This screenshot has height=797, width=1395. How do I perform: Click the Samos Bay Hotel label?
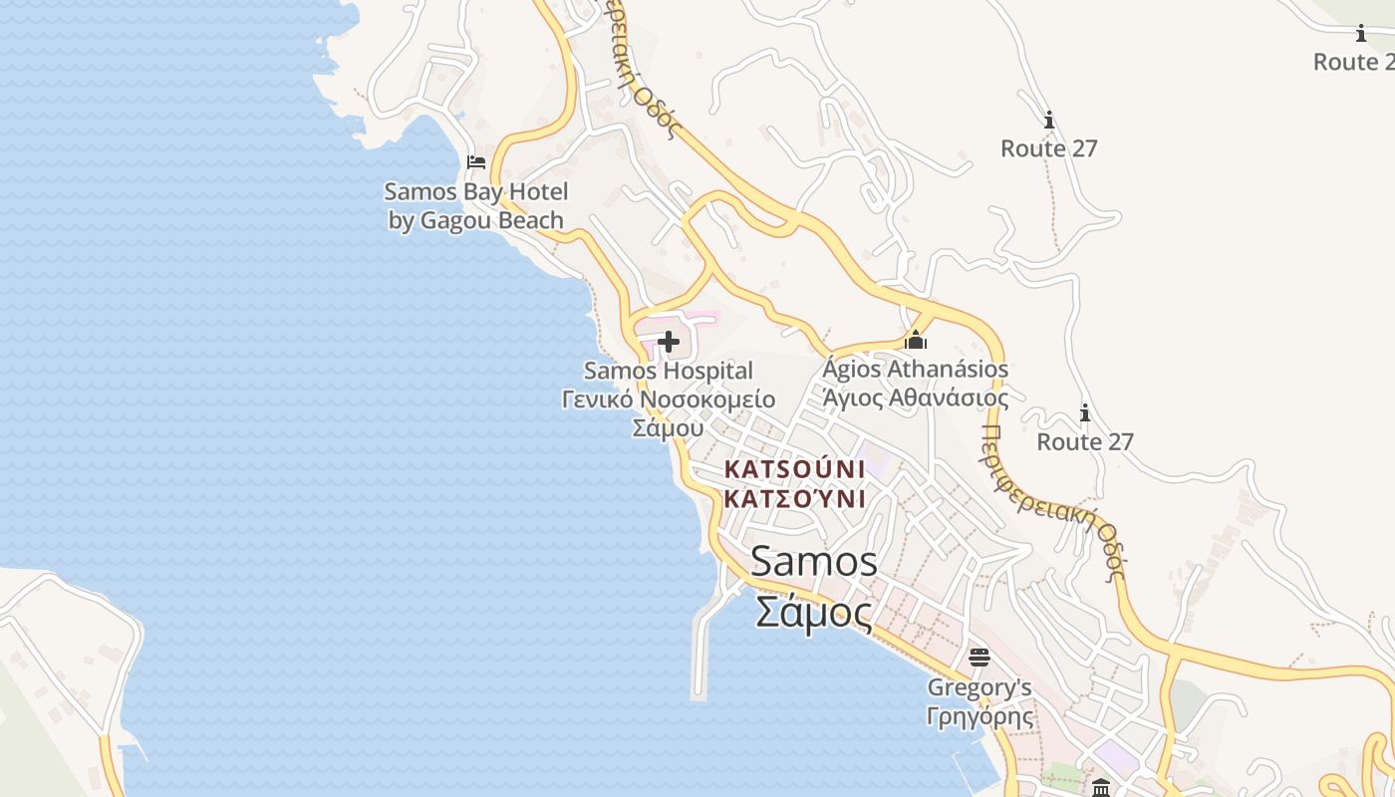coord(475,192)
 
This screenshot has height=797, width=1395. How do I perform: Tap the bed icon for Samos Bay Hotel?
coord(476,162)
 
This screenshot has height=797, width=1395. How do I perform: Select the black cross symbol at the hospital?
coord(669,343)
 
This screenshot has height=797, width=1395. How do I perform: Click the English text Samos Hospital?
coord(669,372)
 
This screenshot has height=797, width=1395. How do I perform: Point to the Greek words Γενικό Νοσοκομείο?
coord(669,399)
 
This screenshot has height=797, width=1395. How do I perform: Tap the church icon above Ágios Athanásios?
coord(916,341)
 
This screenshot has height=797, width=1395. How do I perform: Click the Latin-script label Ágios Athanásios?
coord(916,370)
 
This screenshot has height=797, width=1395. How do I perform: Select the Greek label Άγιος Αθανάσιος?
coord(916,398)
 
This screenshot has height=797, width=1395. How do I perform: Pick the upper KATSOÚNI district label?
coord(794,468)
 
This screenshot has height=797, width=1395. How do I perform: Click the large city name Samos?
coord(814,562)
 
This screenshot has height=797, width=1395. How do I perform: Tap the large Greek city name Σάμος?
coord(814,611)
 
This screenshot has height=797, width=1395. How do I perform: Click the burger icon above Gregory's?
coord(979,658)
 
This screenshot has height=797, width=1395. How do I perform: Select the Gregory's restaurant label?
coord(979,688)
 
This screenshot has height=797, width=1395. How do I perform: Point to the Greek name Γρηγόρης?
coord(979,716)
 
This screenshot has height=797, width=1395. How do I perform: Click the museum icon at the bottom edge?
coord(1101,788)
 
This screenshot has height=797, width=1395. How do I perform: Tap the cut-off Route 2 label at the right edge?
coord(1353,62)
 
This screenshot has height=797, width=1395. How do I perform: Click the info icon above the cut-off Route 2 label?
coord(1361,34)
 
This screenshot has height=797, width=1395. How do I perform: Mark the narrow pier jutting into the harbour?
coord(700,648)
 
